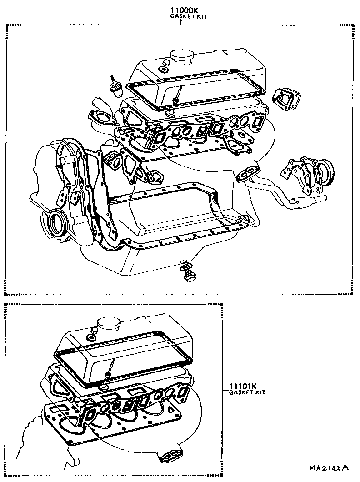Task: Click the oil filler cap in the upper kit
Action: [181, 57]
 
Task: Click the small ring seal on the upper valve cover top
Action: [162, 70]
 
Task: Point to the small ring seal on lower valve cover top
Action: [91, 338]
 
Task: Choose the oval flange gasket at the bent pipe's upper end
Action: [247, 174]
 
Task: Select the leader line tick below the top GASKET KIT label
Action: [181, 22]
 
